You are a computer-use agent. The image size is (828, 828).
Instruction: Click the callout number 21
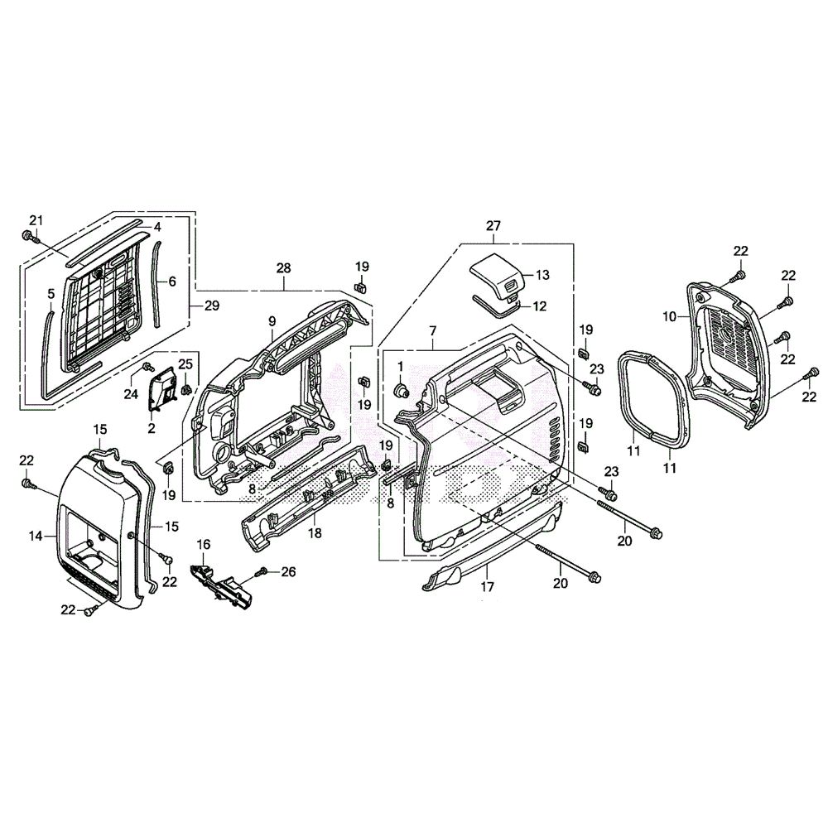point(35,219)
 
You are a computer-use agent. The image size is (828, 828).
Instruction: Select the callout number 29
point(211,306)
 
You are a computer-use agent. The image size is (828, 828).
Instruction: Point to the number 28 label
point(284,268)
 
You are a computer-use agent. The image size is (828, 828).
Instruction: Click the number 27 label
point(493,226)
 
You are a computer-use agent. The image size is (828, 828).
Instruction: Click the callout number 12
point(539,306)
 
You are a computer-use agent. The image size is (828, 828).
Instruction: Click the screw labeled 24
point(147,366)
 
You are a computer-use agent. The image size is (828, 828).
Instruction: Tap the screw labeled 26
point(264,572)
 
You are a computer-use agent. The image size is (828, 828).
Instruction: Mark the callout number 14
point(36,537)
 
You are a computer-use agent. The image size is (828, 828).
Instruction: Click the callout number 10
point(671,315)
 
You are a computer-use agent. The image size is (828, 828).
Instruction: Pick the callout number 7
point(432,330)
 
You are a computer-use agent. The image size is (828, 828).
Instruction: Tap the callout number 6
point(172,281)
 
